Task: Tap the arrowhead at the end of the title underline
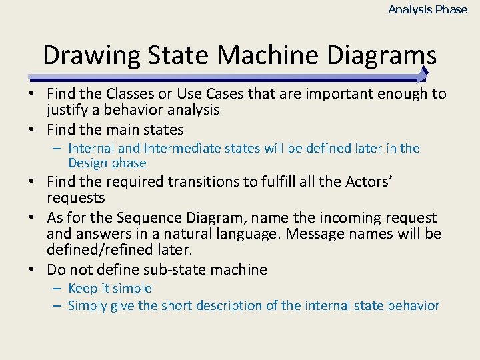[x=423, y=74]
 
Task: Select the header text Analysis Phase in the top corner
[x=428, y=9]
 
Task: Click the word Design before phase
[x=88, y=163]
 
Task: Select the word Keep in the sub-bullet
[x=83, y=288]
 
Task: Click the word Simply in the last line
[x=89, y=306]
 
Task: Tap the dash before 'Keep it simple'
[x=57, y=288]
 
